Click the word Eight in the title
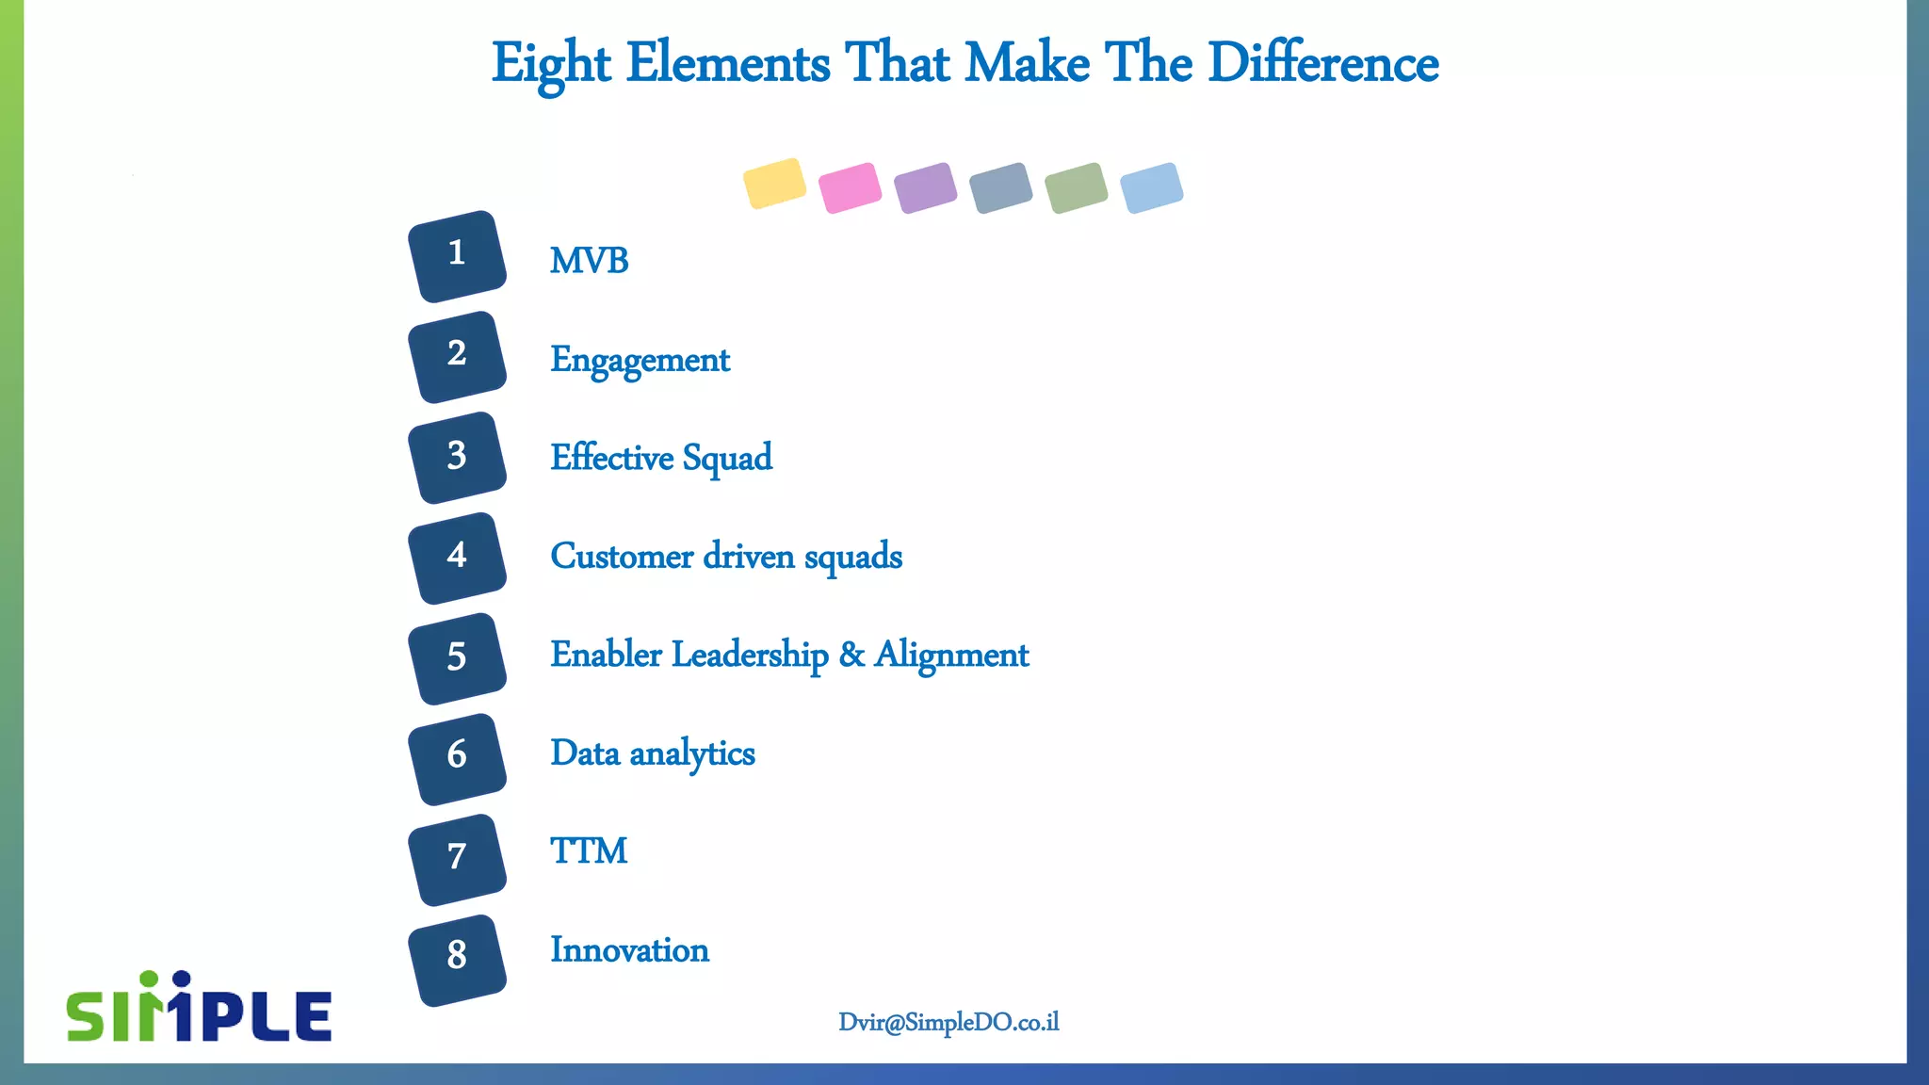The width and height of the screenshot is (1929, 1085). (551, 64)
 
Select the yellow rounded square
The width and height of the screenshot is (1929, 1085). (774, 184)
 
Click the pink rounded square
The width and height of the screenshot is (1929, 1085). (850, 187)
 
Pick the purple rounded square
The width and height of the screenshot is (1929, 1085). (925, 187)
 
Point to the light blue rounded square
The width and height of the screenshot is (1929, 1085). (1151, 187)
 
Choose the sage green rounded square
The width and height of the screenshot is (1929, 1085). (1076, 187)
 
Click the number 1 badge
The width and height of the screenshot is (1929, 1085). (457, 256)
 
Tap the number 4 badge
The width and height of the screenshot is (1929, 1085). (457, 558)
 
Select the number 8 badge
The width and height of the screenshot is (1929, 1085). (457, 960)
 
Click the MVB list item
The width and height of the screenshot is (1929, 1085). (589, 261)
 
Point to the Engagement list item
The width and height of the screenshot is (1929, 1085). (640, 361)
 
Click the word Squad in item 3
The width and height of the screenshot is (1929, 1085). (727, 459)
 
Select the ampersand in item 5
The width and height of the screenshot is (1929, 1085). (851, 655)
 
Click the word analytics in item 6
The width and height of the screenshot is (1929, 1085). (692, 754)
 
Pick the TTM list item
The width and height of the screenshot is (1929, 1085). (589, 851)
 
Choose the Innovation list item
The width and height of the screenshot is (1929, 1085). (629, 950)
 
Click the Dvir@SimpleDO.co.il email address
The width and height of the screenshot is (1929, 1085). (948, 1023)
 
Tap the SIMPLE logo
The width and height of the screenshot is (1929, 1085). (199, 1008)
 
